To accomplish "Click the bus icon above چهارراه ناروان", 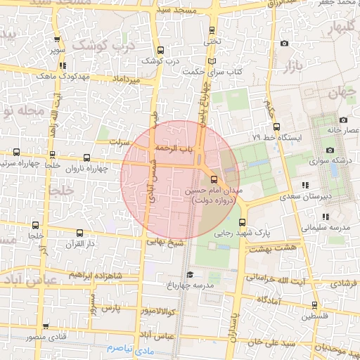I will pyautogui.click(x=86, y=158).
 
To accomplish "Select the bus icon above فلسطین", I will pyautogui.click(x=314, y=306).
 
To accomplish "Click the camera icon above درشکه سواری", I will pyautogui.click(x=330, y=149).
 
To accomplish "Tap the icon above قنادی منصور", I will pyautogui.click(x=46, y=326).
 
